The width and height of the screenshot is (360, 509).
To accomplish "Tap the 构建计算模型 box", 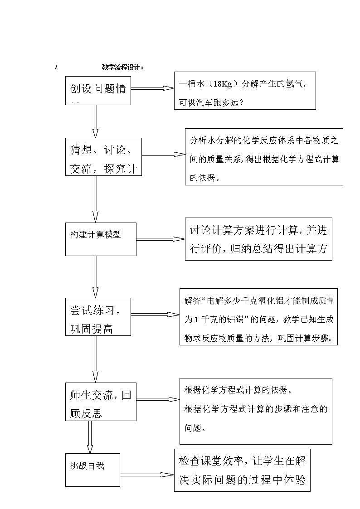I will coord(100,239).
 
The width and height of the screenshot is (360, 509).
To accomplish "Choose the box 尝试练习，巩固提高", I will coord(98,316).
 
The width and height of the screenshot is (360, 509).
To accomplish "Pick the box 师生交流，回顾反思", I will coord(101,401).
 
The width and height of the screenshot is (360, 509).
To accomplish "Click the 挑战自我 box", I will coord(92,470).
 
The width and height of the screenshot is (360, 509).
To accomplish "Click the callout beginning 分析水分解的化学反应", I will coord(263,156).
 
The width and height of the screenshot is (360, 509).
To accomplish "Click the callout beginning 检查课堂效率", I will coord(242,470).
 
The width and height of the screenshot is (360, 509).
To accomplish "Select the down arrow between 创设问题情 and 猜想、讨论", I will coord(95,121).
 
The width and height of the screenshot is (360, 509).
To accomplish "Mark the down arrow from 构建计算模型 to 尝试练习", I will coord(95,276).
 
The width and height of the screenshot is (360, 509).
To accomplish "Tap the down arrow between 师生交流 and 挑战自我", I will coord(90,437).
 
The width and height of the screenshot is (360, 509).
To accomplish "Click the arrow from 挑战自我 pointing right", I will coord(147,475).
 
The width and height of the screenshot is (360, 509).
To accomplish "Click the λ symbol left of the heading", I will coord(56,67).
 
